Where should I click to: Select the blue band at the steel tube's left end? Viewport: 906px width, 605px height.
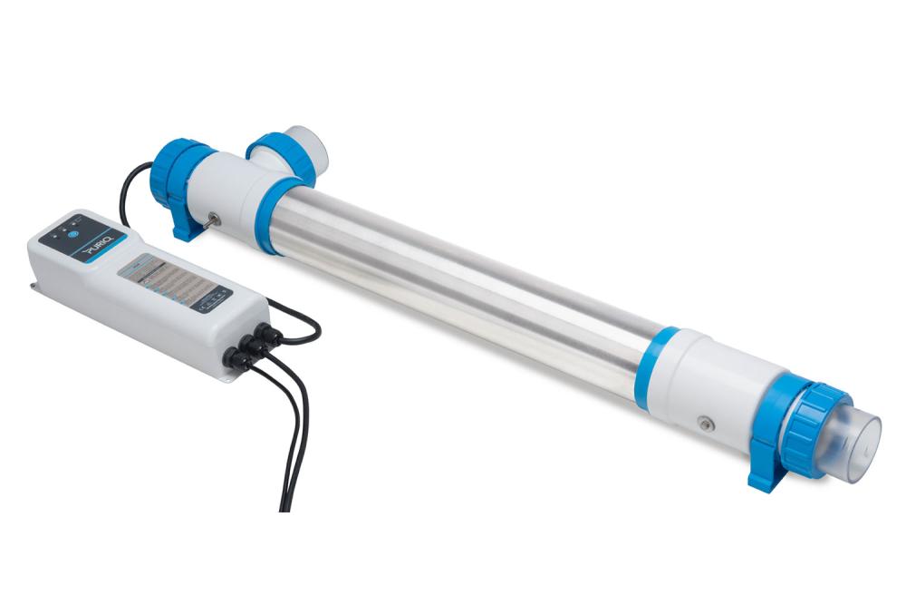point(271,213)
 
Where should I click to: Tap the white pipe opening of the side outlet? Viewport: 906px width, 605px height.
point(312,146)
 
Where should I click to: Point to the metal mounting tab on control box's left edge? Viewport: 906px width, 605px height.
point(34,288)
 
